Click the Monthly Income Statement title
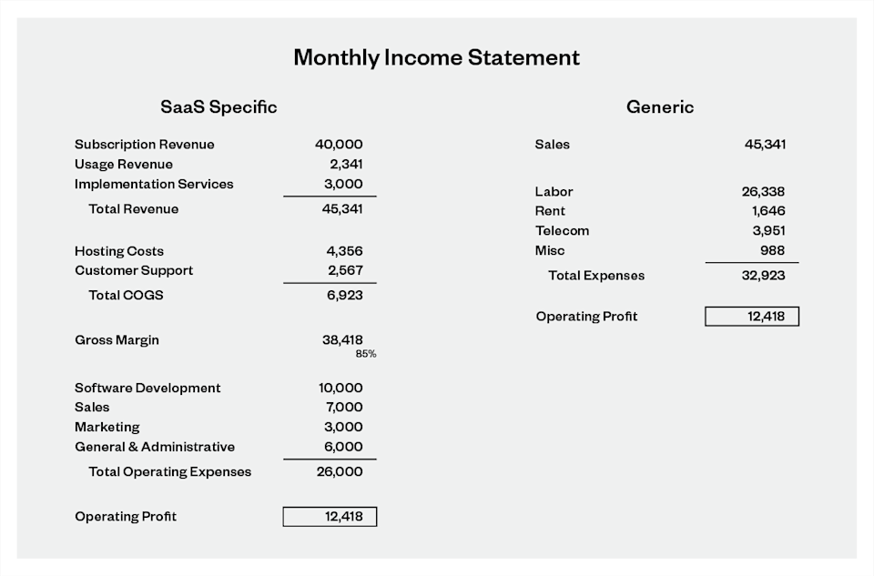tap(436, 57)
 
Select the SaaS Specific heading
tap(218, 107)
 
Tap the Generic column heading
tap(659, 107)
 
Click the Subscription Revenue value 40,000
tap(339, 145)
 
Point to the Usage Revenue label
tap(123, 165)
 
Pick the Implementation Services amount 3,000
tap(345, 184)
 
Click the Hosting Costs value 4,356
tap(345, 251)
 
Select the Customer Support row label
tap(134, 270)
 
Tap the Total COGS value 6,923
tap(344, 295)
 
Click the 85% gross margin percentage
tap(366, 354)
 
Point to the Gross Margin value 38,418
tap(342, 340)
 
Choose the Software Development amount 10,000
tap(340, 388)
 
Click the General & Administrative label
tap(155, 447)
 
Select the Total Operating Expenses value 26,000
tap(340, 471)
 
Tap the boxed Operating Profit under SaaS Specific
tap(330, 517)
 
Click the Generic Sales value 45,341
tap(765, 145)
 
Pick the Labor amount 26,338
tap(763, 192)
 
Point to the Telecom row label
tap(562, 231)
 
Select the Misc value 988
tap(772, 250)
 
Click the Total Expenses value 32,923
tap(763, 275)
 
